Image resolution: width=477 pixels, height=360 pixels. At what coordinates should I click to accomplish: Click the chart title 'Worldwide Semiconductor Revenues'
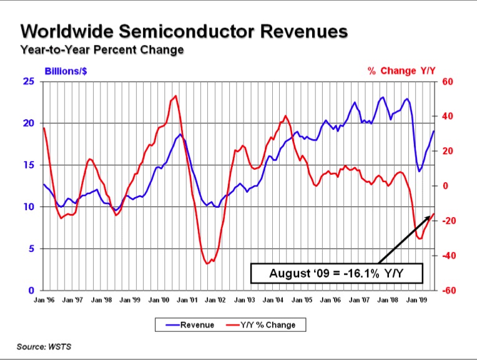pyautogui.click(x=184, y=31)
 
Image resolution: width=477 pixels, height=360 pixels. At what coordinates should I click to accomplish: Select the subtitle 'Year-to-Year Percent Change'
pyautogui.click(x=102, y=49)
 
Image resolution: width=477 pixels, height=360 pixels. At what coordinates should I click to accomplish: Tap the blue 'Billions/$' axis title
pyautogui.click(x=66, y=71)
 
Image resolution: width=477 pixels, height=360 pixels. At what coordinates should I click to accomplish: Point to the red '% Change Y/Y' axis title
pyautogui.click(x=401, y=71)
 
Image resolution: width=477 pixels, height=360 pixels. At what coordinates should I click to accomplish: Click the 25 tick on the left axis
pyautogui.click(x=29, y=82)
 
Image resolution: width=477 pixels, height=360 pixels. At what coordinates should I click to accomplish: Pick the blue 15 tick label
pyautogui.click(x=29, y=165)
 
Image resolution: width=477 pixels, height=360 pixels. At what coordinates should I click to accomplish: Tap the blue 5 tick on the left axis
pyautogui.click(x=32, y=249)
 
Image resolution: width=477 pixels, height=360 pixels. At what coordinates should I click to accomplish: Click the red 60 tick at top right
pyautogui.click(x=447, y=82)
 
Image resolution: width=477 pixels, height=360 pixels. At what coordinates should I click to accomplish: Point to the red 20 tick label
pyautogui.click(x=447, y=151)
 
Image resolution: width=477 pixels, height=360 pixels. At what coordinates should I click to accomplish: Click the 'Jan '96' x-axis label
pyautogui.click(x=44, y=300)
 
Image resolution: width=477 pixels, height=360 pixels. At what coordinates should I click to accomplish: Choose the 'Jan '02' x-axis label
pyautogui.click(x=215, y=300)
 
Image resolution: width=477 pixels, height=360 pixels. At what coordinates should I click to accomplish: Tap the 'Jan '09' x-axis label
pyautogui.click(x=416, y=300)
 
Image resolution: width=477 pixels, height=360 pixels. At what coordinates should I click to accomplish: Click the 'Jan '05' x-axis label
pyautogui.click(x=302, y=300)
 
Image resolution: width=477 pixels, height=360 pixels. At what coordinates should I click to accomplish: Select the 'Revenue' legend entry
pyautogui.click(x=190, y=324)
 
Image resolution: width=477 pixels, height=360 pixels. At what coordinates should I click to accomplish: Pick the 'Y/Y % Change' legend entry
pyautogui.click(x=261, y=324)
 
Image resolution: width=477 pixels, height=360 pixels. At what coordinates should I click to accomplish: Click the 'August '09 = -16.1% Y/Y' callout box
pyautogui.click(x=337, y=273)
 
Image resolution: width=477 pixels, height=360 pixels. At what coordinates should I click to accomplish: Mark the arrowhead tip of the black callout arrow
pyautogui.click(x=434, y=213)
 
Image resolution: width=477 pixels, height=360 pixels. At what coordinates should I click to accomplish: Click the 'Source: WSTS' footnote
pyautogui.click(x=44, y=347)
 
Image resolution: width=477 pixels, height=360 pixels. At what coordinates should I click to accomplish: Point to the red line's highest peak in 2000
pyautogui.click(x=175, y=96)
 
